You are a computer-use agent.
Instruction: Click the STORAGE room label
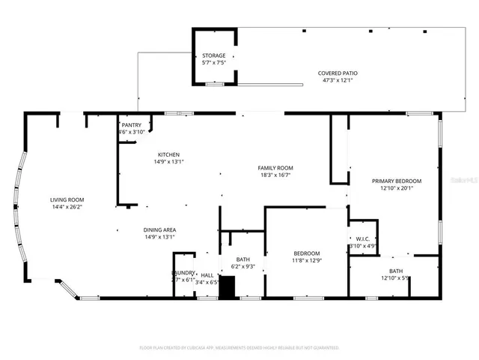pos(214,55)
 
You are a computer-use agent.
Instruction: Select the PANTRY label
pos(131,124)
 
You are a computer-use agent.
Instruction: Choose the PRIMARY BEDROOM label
pos(397,181)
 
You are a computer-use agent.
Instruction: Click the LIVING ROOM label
pos(66,199)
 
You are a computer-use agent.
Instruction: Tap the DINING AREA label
pos(159,229)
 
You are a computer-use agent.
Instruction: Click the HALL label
pos(207,275)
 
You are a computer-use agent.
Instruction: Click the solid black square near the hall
pos(227,287)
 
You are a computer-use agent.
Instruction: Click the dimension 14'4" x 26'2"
pos(66,207)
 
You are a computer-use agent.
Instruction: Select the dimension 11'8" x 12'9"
pos(306,260)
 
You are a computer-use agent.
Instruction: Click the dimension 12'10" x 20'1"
pos(397,188)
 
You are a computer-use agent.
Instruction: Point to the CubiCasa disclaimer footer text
pos(239,348)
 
